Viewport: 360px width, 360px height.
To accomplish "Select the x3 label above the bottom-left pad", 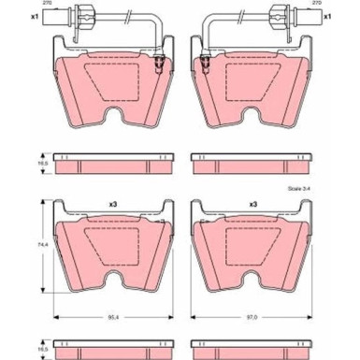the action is click(113, 205).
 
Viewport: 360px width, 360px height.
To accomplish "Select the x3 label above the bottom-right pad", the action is click(252, 205).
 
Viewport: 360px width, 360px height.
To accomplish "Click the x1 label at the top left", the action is click(35, 17).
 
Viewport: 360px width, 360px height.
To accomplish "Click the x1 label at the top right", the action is click(327, 17).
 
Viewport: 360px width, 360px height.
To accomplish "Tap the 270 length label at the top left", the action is click(47, 3).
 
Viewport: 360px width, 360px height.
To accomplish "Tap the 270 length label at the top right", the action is click(317, 3).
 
